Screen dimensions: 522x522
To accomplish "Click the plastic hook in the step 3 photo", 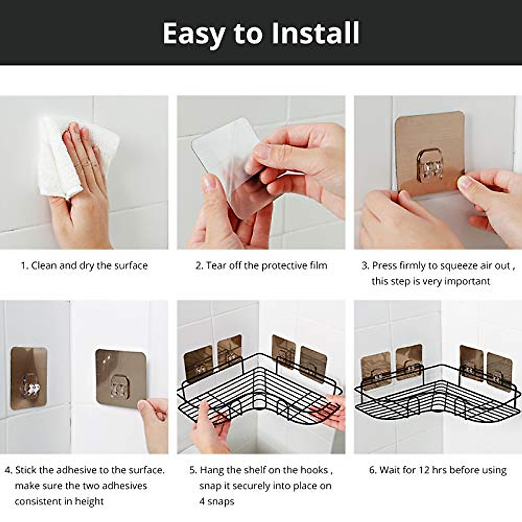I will [430, 165].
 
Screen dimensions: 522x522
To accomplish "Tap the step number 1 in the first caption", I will [24, 266].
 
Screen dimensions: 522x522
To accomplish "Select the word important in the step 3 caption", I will [467, 281].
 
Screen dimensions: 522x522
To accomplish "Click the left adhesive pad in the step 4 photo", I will [28, 378].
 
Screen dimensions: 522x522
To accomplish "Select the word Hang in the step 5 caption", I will [212, 470].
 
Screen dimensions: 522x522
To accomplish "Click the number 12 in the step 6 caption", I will [424, 470].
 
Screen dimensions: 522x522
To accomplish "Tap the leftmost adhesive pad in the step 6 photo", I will [375, 370].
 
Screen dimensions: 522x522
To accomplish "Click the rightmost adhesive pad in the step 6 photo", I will [499, 369].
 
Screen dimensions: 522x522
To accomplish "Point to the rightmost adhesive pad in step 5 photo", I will [313, 364].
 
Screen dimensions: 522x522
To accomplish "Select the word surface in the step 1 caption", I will [131, 266].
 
